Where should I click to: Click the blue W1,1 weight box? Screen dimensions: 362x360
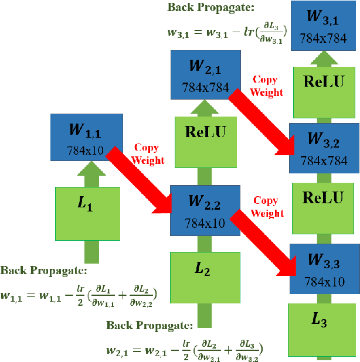coord(86,136)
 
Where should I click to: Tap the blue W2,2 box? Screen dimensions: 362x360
coord(205,209)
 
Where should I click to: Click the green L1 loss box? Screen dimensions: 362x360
coord(87,213)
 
